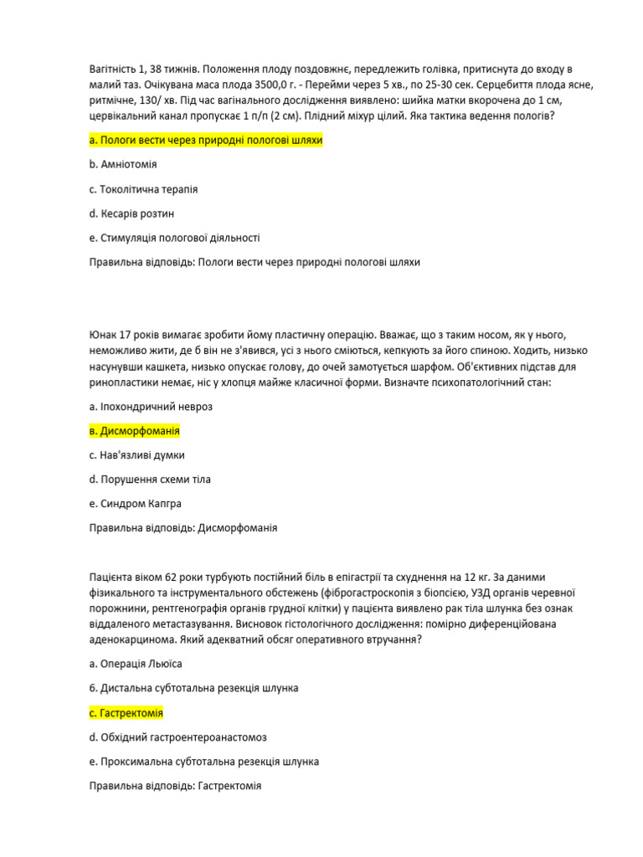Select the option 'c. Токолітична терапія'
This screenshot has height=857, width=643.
(143, 189)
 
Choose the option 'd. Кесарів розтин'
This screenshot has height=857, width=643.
(131, 213)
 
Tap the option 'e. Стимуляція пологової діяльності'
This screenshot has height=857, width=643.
(174, 238)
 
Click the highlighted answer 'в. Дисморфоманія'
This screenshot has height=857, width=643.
(134, 431)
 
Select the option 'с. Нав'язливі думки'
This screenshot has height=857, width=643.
(136, 455)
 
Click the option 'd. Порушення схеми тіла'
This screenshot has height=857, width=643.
(150, 480)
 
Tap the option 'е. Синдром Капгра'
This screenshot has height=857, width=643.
(135, 504)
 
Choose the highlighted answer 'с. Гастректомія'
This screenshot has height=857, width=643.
(126, 713)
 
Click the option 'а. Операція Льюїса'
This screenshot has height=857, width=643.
(135, 664)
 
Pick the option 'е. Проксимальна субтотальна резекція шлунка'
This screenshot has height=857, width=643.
(203, 762)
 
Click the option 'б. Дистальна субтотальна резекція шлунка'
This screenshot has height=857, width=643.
(193, 688)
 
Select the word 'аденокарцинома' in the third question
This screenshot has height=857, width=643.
(129, 639)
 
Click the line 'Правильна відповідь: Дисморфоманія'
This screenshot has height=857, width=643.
(183, 528)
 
